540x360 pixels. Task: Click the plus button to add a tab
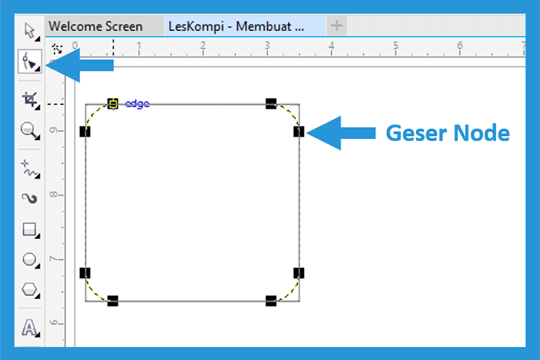click(336, 25)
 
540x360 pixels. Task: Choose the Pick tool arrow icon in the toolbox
click(31, 32)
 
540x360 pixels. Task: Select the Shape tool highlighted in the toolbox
click(30, 61)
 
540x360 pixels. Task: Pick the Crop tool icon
click(30, 100)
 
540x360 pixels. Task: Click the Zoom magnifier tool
click(30, 130)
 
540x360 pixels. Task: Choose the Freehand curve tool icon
click(30, 168)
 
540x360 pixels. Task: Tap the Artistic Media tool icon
click(30, 199)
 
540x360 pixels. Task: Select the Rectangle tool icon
click(30, 230)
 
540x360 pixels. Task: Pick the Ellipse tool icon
click(30, 260)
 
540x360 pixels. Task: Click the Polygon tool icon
click(30, 289)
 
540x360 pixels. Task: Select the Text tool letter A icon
click(30, 328)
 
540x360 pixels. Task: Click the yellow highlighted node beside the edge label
click(112, 104)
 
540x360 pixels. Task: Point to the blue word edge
click(137, 104)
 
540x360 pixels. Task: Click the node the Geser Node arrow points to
click(299, 131)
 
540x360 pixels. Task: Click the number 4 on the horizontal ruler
click(331, 45)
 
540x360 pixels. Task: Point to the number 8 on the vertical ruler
click(53, 194)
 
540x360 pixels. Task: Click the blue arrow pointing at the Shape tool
click(82, 65)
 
